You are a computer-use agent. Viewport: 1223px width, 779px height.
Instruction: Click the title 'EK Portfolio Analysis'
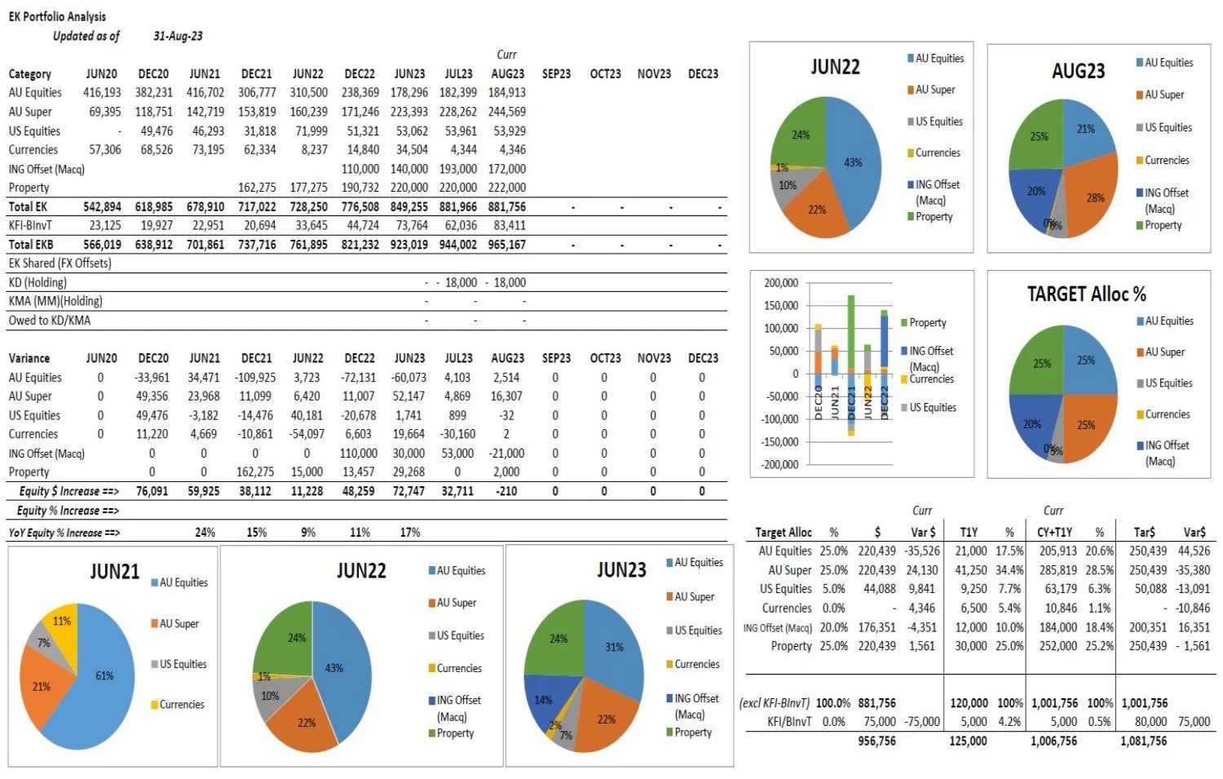click(57, 16)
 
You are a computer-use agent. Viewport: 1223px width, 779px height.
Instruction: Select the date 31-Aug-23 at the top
click(178, 36)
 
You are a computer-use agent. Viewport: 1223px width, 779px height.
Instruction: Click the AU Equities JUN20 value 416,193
click(102, 93)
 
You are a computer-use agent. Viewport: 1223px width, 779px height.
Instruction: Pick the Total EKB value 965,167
click(506, 245)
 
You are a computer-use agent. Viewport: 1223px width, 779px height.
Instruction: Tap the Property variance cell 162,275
click(256, 472)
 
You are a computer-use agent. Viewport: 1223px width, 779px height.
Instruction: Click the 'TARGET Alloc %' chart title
click(1086, 294)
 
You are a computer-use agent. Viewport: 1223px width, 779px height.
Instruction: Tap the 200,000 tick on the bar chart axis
click(781, 284)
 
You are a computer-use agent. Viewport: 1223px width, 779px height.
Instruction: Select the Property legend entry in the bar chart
click(927, 323)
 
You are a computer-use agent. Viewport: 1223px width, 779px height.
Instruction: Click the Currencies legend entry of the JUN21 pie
click(181, 705)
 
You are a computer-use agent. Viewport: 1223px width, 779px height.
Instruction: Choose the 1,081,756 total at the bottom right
click(1144, 741)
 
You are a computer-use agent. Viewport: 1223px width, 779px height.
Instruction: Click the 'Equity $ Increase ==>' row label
click(69, 492)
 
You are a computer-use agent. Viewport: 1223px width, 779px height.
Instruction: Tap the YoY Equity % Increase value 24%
click(205, 533)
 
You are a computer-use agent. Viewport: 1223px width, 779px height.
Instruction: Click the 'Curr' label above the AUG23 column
click(506, 55)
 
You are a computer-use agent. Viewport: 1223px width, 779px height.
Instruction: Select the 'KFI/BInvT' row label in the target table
click(789, 722)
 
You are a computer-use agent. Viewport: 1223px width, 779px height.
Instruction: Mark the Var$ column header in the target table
click(1194, 533)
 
